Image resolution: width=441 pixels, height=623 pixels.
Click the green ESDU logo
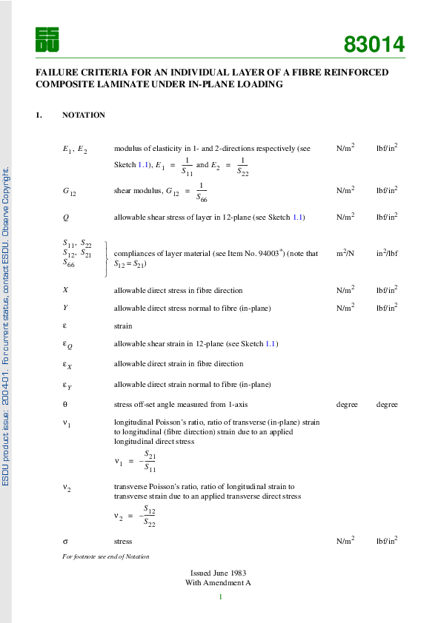coord(47,39)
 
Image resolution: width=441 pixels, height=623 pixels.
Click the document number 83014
coord(374,45)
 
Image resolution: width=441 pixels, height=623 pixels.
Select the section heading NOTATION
coord(84,115)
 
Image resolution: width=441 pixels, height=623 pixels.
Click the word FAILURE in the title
coord(56,73)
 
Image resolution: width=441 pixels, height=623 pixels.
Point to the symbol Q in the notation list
coord(66,218)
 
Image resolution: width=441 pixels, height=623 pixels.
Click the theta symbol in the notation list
coord(65,405)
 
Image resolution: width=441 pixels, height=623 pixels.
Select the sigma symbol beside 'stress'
coord(65,541)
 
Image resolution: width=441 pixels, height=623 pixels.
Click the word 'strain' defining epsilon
coord(123,326)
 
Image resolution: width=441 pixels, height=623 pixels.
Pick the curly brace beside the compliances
coord(107,258)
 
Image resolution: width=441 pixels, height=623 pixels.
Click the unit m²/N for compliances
coord(345,253)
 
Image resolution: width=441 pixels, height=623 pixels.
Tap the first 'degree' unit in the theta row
coord(347,405)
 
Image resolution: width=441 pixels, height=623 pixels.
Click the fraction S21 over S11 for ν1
coord(150,461)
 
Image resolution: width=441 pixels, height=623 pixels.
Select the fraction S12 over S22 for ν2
coord(150,516)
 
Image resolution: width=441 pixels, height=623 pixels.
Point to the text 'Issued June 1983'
coord(219,573)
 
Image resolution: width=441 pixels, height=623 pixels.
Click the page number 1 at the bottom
coord(221,596)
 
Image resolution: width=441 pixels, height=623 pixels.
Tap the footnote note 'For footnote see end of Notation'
coord(106,556)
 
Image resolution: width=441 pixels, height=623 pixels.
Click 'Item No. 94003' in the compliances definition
coord(253,253)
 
